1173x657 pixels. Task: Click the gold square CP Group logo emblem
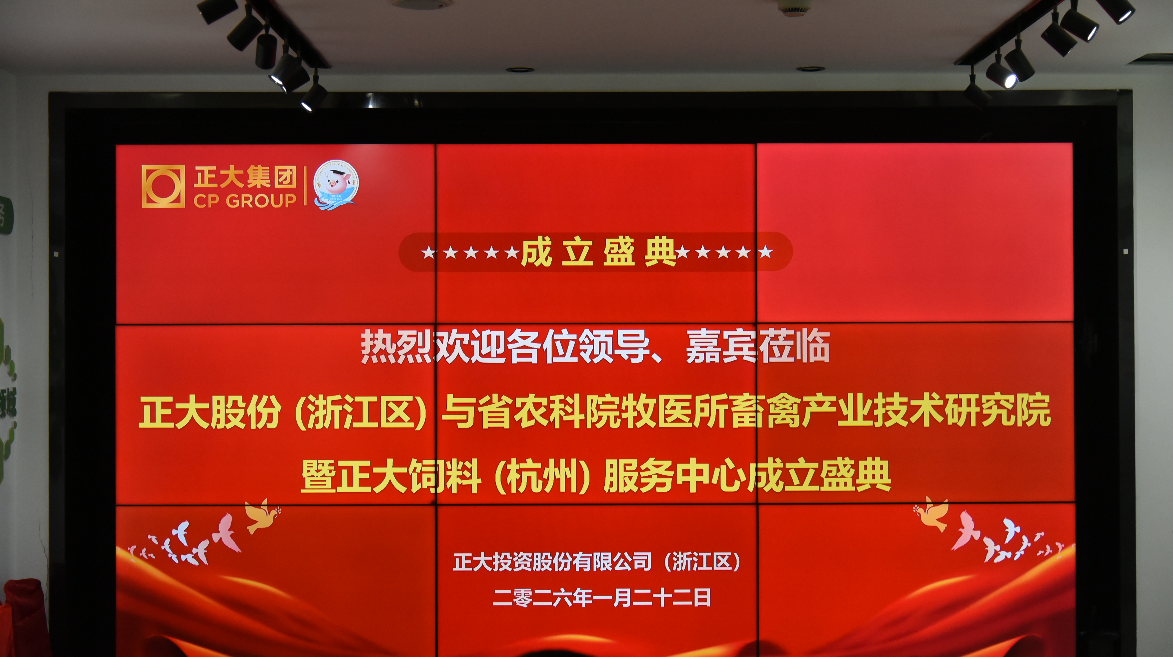tap(163, 186)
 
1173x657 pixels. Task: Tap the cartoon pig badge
tap(336, 185)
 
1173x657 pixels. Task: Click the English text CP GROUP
tap(245, 200)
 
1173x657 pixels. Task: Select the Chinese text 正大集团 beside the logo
tap(245, 177)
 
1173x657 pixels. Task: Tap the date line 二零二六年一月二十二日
tap(602, 597)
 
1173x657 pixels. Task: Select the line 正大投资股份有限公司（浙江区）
tap(597, 562)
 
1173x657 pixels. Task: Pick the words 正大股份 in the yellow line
tap(210, 412)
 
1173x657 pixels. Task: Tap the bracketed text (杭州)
tap(542, 476)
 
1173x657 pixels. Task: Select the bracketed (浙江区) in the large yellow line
tap(361, 412)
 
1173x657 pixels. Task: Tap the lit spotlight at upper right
tap(1004, 75)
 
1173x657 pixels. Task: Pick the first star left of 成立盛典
tap(428, 252)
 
